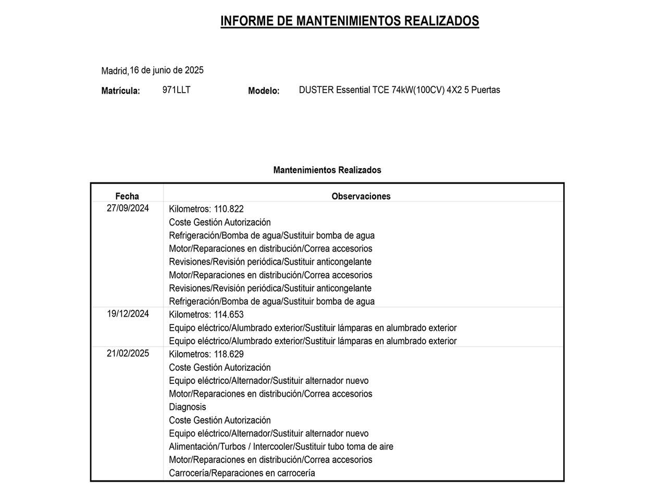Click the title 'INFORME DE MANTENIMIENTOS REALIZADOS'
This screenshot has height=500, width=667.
[350, 21]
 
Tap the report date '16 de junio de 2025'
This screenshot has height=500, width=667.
[167, 70]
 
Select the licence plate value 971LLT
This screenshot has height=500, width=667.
[176, 90]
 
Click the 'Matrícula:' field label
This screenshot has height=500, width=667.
[120, 91]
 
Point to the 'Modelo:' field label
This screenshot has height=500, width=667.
[264, 91]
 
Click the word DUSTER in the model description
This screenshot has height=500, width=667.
[316, 90]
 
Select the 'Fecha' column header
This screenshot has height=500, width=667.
[127, 196]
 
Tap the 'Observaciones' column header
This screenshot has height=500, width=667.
[361, 196]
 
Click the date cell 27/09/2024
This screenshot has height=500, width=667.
[128, 208]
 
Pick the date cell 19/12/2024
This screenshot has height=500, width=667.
[128, 314]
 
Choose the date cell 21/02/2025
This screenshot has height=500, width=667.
[128, 354]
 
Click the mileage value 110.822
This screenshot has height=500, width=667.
[229, 209]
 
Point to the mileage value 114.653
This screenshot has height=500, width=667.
[229, 315]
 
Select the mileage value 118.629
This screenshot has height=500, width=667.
[229, 355]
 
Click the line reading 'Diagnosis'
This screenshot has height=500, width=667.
[188, 407]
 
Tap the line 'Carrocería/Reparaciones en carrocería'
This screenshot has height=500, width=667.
[242, 473]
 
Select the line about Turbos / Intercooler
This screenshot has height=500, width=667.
[281, 447]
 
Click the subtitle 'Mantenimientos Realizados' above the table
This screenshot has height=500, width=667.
[327, 170]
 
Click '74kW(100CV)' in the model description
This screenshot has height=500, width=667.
[418, 90]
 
